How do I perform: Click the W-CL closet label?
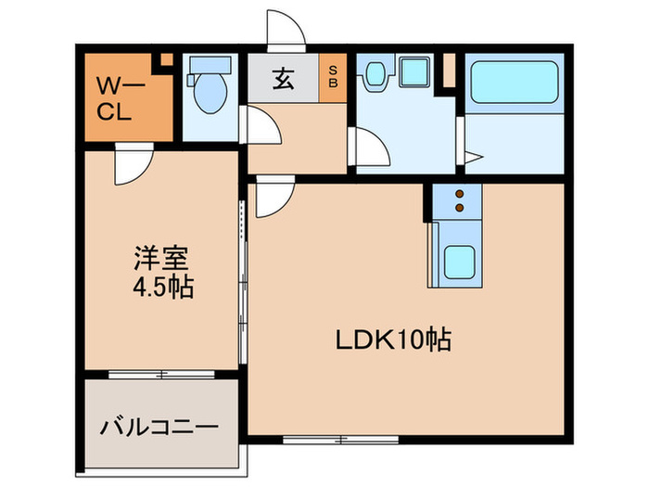point(117,101)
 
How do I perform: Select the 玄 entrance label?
point(283,80)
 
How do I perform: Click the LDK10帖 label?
point(393,340)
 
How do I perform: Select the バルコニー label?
point(159,429)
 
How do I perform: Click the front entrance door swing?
point(285,28)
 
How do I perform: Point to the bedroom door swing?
point(132,165)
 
